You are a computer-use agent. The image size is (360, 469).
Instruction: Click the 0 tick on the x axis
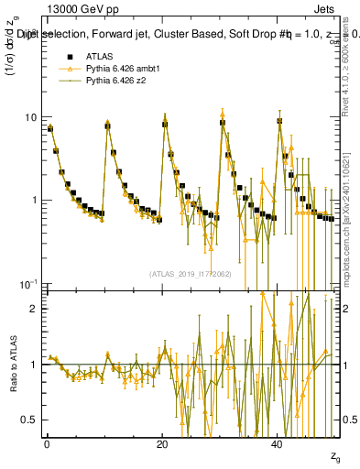[x=46, y=442]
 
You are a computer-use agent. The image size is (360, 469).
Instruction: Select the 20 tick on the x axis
[x=161, y=442]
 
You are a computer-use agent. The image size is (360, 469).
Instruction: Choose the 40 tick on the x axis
[x=277, y=442]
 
